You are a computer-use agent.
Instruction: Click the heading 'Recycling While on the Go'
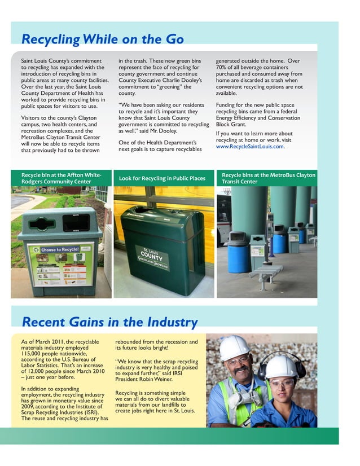click(102, 39)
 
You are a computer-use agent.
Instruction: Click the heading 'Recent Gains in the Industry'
click(109, 322)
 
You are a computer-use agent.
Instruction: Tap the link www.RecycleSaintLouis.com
click(249, 147)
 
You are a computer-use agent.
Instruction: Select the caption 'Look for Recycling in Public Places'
click(162, 179)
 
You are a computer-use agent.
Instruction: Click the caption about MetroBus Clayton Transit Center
click(268, 178)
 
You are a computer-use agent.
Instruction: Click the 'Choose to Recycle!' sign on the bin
click(60, 249)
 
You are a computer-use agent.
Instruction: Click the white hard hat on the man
click(234, 347)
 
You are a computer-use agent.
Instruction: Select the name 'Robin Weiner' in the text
click(159, 379)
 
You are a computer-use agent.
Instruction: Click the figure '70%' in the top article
click(221, 68)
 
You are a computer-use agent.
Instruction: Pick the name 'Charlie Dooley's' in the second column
click(169, 81)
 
